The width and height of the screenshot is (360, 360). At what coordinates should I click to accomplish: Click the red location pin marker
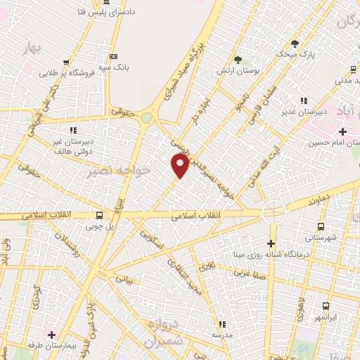[180, 166]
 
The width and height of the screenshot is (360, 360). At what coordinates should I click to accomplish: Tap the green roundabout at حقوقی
[146, 118]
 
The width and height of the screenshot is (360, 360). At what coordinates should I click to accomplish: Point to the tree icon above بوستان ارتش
[238, 60]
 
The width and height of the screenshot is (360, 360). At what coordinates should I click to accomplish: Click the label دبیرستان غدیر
[303, 111]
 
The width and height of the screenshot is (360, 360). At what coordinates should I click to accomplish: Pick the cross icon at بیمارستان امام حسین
[342, 131]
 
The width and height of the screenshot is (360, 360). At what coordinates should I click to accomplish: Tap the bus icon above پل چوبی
[99, 215]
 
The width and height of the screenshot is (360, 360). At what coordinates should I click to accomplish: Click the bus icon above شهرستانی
[321, 226]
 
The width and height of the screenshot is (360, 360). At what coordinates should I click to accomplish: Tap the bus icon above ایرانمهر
[326, 306]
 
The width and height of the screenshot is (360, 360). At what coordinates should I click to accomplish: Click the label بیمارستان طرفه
[70, 345]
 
